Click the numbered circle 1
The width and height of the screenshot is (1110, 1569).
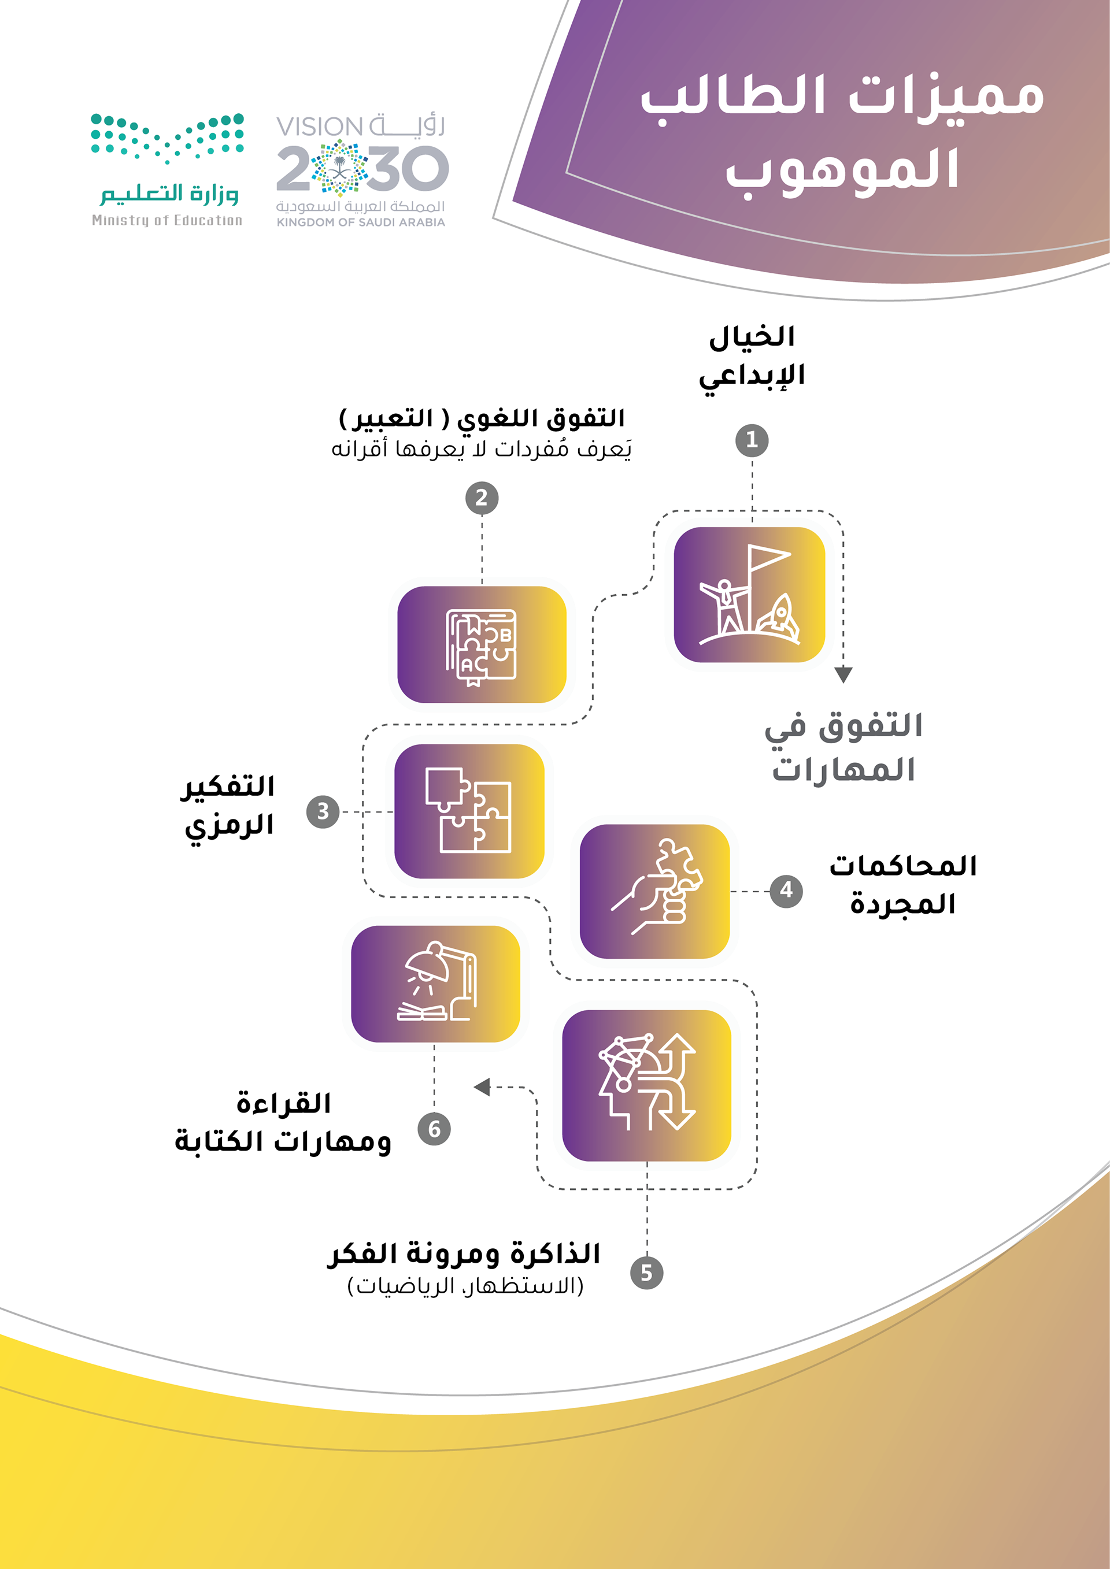click(752, 440)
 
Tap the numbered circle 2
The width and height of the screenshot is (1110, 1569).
click(482, 498)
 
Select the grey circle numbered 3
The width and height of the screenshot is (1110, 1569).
click(323, 811)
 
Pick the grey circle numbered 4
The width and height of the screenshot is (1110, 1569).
click(786, 891)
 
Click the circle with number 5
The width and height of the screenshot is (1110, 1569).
click(646, 1273)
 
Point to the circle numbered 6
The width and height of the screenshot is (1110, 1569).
click(434, 1128)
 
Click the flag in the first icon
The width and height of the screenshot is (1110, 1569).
click(769, 558)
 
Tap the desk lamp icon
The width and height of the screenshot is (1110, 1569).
click(438, 982)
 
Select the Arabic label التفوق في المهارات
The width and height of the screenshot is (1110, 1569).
click(843, 746)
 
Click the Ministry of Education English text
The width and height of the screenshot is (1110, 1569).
click(166, 220)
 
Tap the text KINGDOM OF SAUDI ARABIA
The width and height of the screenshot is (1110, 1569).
click(360, 222)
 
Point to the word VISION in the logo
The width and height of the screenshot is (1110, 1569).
click(319, 127)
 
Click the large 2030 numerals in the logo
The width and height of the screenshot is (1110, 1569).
click(362, 169)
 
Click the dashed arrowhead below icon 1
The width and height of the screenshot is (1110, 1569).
click(843, 675)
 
